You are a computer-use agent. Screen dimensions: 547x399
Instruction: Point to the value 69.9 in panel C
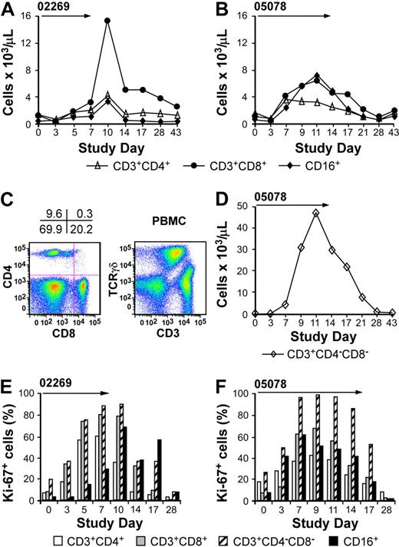point(53,227)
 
